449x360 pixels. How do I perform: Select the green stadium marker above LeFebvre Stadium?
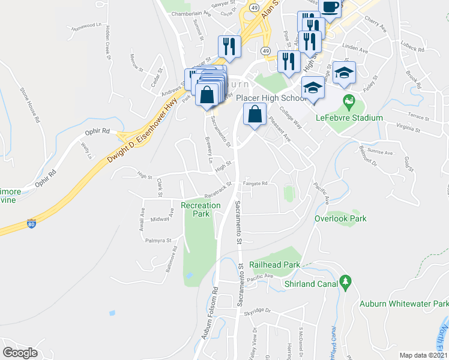point(347,100)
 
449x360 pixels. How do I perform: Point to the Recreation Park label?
point(200,209)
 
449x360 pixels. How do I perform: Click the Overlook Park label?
point(340,218)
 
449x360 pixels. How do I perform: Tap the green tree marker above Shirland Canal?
point(345,281)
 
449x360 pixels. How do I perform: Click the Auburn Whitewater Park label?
point(403,304)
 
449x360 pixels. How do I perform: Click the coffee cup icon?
point(330,7)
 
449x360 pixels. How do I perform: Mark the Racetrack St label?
point(217,191)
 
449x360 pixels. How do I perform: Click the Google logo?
point(20,352)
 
